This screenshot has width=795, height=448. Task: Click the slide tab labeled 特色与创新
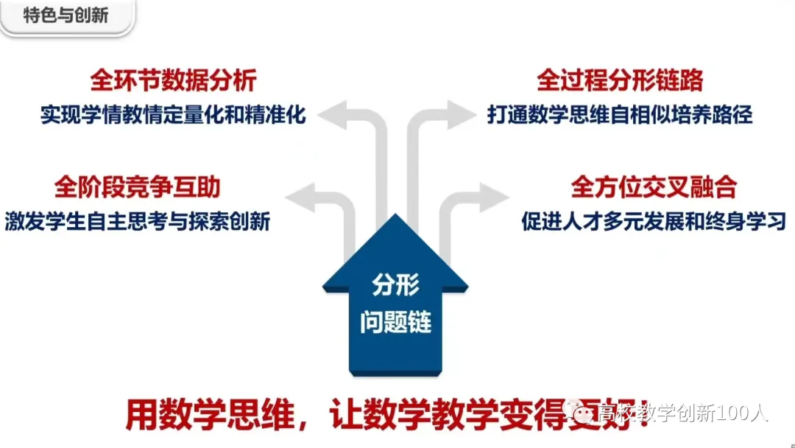[x=66, y=15]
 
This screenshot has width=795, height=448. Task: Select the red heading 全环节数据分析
[x=173, y=80]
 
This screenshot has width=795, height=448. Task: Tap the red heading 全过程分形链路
[x=621, y=80]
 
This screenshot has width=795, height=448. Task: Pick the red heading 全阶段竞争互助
[x=138, y=187]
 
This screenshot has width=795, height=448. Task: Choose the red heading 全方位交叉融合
[x=654, y=187]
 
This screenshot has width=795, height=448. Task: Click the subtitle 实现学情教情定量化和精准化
[x=173, y=116]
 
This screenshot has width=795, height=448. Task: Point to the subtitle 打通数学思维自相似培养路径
[x=620, y=116]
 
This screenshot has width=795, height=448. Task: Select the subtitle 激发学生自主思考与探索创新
[x=138, y=220]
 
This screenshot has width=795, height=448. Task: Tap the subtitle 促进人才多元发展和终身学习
[x=654, y=221]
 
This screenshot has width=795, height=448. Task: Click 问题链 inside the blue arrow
[x=395, y=322]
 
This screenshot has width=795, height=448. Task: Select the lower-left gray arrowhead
[x=300, y=197]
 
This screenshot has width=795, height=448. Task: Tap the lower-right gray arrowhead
[x=494, y=197]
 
